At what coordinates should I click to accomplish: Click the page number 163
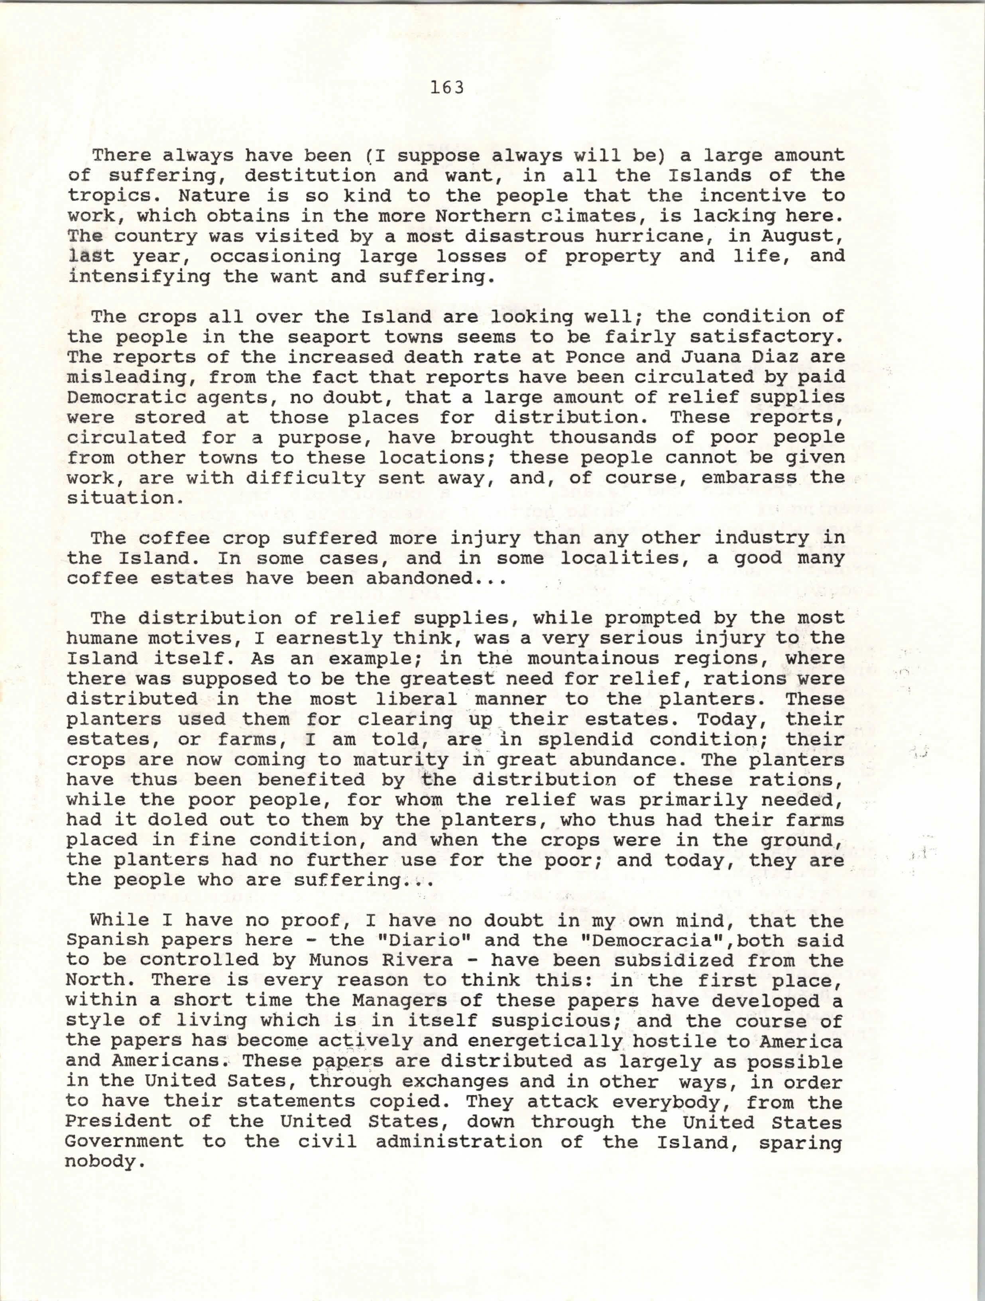pos(447,88)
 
